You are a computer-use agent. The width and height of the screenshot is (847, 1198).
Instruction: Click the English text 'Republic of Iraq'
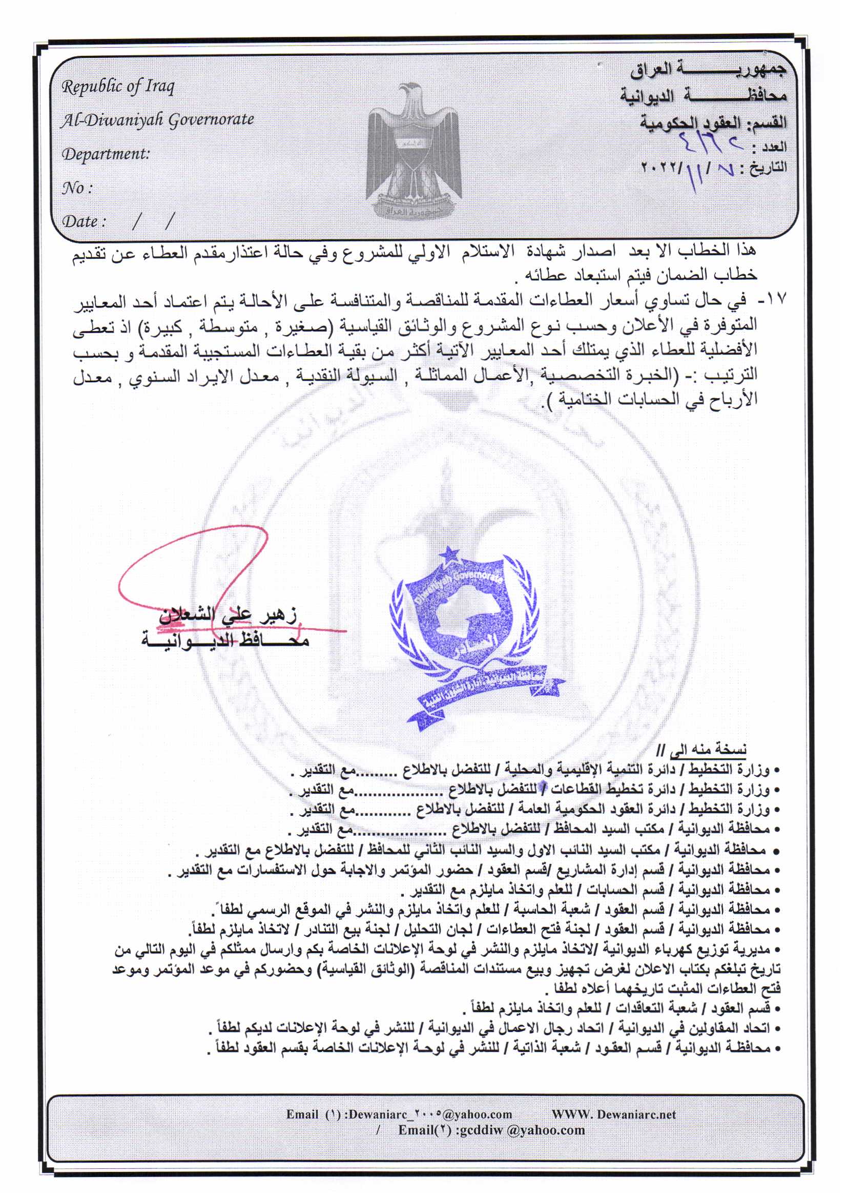click(118, 87)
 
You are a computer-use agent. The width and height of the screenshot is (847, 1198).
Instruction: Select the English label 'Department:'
click(106, 154)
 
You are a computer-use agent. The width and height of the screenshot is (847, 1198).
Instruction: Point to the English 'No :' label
click(77, 188)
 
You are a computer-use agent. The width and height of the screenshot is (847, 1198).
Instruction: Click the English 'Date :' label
click(84, 221)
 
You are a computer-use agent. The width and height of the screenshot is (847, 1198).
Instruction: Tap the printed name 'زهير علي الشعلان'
click(228, 616)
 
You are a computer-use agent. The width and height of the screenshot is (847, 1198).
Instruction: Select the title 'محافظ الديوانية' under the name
click(225, 638)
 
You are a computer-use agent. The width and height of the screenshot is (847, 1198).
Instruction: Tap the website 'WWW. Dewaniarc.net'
click(614, 1114)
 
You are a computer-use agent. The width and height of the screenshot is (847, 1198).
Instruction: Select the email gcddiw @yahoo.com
click(491, 1130)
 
